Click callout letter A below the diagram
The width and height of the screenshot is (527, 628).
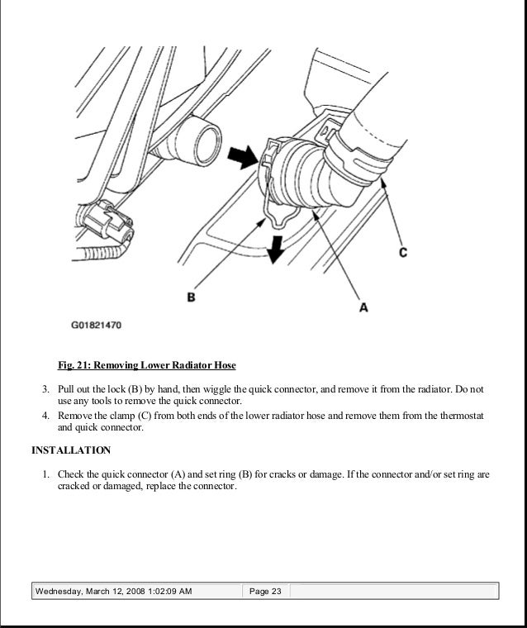point(363,307)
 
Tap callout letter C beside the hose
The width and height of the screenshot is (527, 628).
point(402,252)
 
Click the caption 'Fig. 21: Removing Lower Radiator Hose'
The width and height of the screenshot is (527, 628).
point(146,365)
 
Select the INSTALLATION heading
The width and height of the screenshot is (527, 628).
point(71,451)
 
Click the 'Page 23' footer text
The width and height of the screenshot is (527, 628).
point(266,591)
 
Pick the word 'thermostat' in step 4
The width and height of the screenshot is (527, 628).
point(462,416)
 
